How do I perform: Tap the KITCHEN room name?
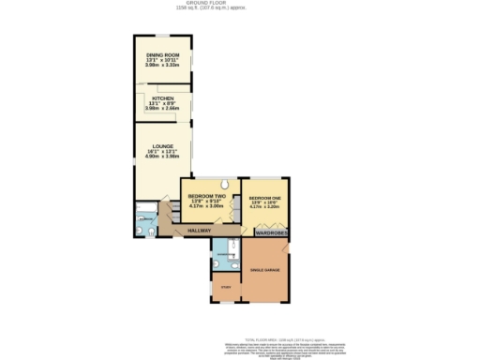click(x=162, y=97)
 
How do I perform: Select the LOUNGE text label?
click(x=162, y=145)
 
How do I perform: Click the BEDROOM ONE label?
click(x=265, y=198)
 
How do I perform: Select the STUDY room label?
click(x=225, y=288)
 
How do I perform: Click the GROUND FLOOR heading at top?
click(x=240, y=4)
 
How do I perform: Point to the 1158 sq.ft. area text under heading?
click(x=240, y=9)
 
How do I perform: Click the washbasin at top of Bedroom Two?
click(x=226, y=184)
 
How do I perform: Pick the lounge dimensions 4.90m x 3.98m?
click(x=162, y=157)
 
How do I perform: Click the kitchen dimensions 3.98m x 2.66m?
click(x=162, y=108)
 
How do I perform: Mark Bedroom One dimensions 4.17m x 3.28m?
click(x=265, y=208)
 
